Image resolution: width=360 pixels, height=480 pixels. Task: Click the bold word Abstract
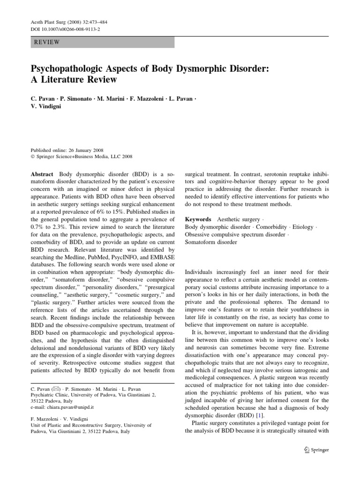click(41, 172)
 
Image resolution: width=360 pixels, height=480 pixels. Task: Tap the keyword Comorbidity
click(272, 227)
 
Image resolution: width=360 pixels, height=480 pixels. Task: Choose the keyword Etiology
click(303, 227)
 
